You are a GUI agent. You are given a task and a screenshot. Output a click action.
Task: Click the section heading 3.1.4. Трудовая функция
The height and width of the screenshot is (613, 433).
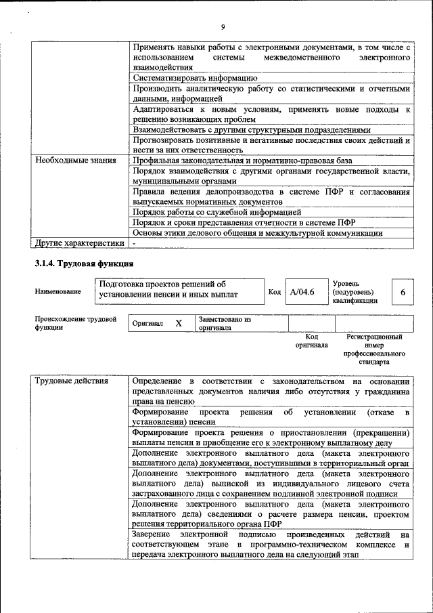pyautogui.click(x=84, y=263)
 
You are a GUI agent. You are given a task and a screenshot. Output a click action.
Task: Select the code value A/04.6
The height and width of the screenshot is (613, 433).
pyautogui.click(x=302, y=292)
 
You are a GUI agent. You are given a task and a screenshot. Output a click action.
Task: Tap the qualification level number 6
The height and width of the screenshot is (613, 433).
pyautogui.click(x=403, y=292)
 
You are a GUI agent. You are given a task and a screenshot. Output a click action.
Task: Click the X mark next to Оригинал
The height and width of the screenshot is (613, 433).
pyautogui.click(x=179, y=324)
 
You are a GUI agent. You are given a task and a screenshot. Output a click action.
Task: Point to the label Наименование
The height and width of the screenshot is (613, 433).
pyautogui.click(x=58, y=292)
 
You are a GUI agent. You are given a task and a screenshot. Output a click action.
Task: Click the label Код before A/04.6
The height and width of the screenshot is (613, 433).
pyautogui.click(x=274, y=292)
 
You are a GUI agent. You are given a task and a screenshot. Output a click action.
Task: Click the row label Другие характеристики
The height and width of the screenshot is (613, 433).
pyautogui.click(x=80, y=242)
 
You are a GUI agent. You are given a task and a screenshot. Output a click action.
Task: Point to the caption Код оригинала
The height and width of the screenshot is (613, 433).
pyautogui.click(x=311, y=340)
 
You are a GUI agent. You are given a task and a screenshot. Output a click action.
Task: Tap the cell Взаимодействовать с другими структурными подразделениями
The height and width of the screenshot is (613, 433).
pyautogui.click(x=261, y=129)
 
